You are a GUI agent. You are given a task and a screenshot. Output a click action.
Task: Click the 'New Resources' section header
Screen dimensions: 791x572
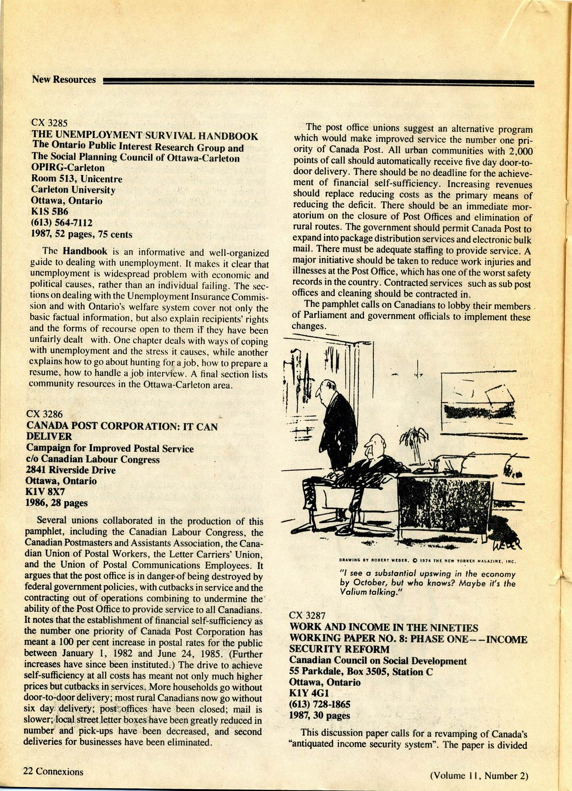(64, 79)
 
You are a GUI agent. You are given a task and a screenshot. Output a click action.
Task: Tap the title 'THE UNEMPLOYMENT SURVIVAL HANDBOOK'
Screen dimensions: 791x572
(145, 135)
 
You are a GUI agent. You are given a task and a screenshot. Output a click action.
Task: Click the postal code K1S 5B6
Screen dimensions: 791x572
(50, 212)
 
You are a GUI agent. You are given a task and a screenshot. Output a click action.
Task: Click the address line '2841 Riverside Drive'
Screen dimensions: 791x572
(71, 470)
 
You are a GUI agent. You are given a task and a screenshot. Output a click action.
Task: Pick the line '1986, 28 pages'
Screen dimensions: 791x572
(57, 503)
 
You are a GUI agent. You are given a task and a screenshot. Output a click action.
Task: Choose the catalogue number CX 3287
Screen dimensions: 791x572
(307, 615)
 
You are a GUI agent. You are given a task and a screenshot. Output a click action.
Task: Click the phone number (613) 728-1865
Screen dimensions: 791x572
(320, 704)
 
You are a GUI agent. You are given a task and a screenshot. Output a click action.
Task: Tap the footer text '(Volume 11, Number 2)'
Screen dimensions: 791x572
(479, 776)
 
